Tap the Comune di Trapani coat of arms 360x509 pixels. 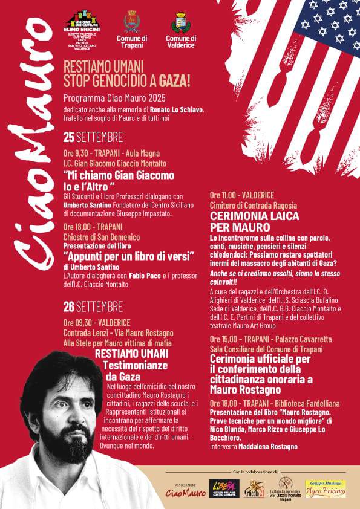point(131,21)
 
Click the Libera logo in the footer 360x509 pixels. point(217,488)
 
